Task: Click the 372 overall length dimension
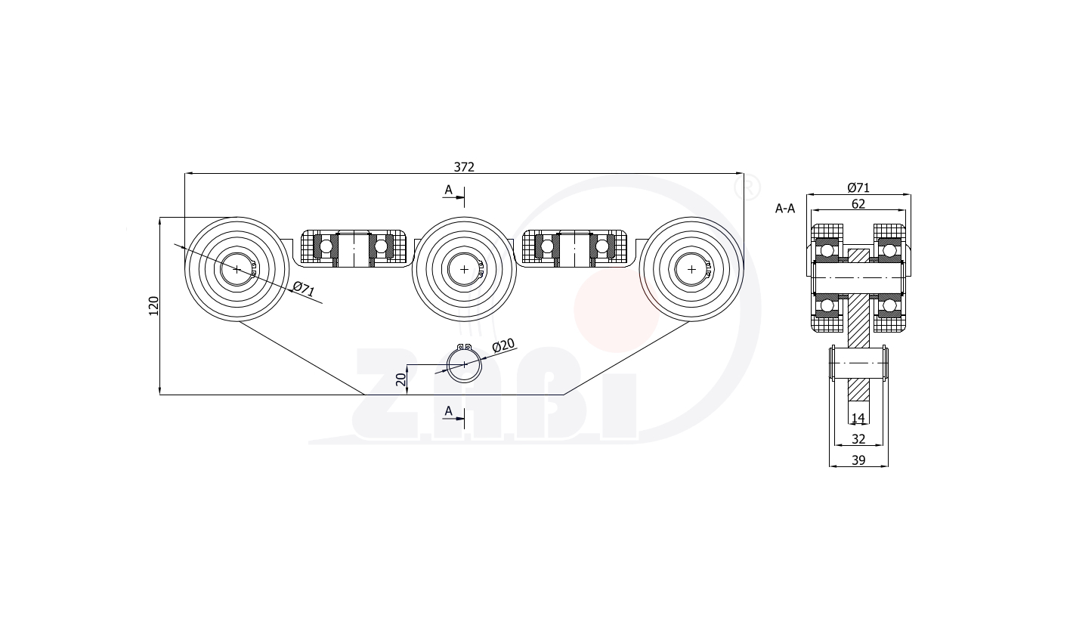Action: pos(464,167)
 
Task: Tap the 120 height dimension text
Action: pos(154,305)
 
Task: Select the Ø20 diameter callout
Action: pos(503,345)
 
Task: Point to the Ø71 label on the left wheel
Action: pos(304,289)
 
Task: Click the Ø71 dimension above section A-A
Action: pos(858,187)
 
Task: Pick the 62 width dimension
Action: pos(858,204)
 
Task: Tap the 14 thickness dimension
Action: pos(858,419)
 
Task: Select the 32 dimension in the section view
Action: pos(858,439)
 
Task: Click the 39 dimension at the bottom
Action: pos(858,460)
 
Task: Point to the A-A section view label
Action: pos(785,209)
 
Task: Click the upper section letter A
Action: pos(449,190)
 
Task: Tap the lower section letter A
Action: pos(449,411)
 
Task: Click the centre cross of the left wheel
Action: pos(237,269)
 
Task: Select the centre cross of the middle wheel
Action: pos(464,269)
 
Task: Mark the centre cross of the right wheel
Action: pos(691,269)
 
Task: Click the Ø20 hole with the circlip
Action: pos(464,364)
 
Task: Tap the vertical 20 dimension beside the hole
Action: pos(401,379)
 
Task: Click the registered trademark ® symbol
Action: pos(747,188)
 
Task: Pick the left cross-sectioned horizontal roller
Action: pos(354,249)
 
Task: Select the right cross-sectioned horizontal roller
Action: pos(575,249)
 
